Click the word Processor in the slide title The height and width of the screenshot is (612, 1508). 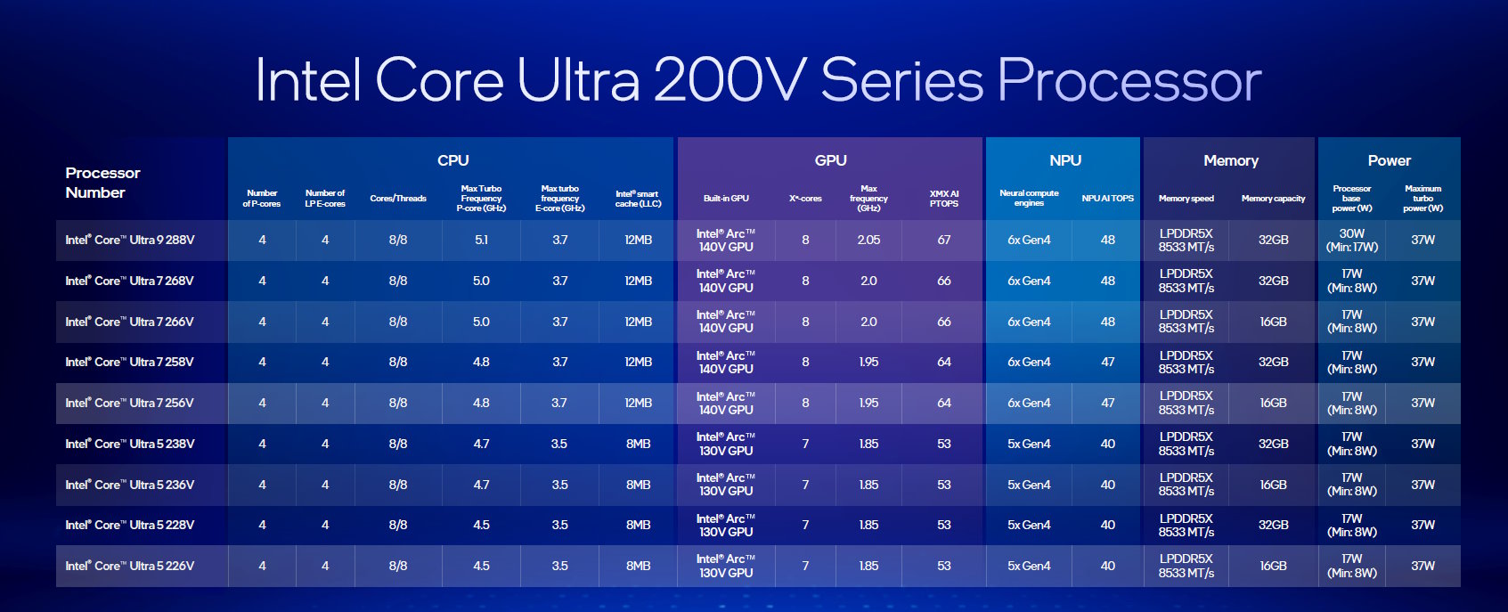[1129, 81]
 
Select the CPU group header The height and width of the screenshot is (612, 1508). [452, 160]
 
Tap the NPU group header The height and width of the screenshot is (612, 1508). [1064, 160]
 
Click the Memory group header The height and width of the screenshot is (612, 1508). [1230, 160]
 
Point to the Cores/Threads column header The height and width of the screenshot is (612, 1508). [398, 199]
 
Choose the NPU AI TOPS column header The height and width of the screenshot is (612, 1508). [1107, 199]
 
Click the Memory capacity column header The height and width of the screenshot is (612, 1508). [1273, 199]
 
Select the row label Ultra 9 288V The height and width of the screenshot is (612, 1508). [130, 240]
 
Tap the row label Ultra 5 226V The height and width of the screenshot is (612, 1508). [130, 566]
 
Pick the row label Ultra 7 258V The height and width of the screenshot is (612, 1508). [130, 362]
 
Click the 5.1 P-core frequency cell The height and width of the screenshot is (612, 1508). [481, 240]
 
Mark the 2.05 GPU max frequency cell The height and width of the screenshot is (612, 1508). [868, 240]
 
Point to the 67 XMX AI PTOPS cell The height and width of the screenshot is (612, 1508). [944, 240]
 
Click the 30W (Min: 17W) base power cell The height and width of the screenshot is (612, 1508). [1351, 240]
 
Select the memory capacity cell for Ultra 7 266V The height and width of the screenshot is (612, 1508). [1273, 322]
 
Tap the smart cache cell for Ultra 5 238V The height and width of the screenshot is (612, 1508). [638, 444]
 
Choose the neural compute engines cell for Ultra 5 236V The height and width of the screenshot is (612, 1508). [1029, 485]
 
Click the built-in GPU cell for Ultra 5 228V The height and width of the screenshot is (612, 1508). [726, 525]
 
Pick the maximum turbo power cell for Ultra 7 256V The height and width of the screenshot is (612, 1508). [1422, 403]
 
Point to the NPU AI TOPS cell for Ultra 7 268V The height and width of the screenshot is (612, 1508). [1107, 281]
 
